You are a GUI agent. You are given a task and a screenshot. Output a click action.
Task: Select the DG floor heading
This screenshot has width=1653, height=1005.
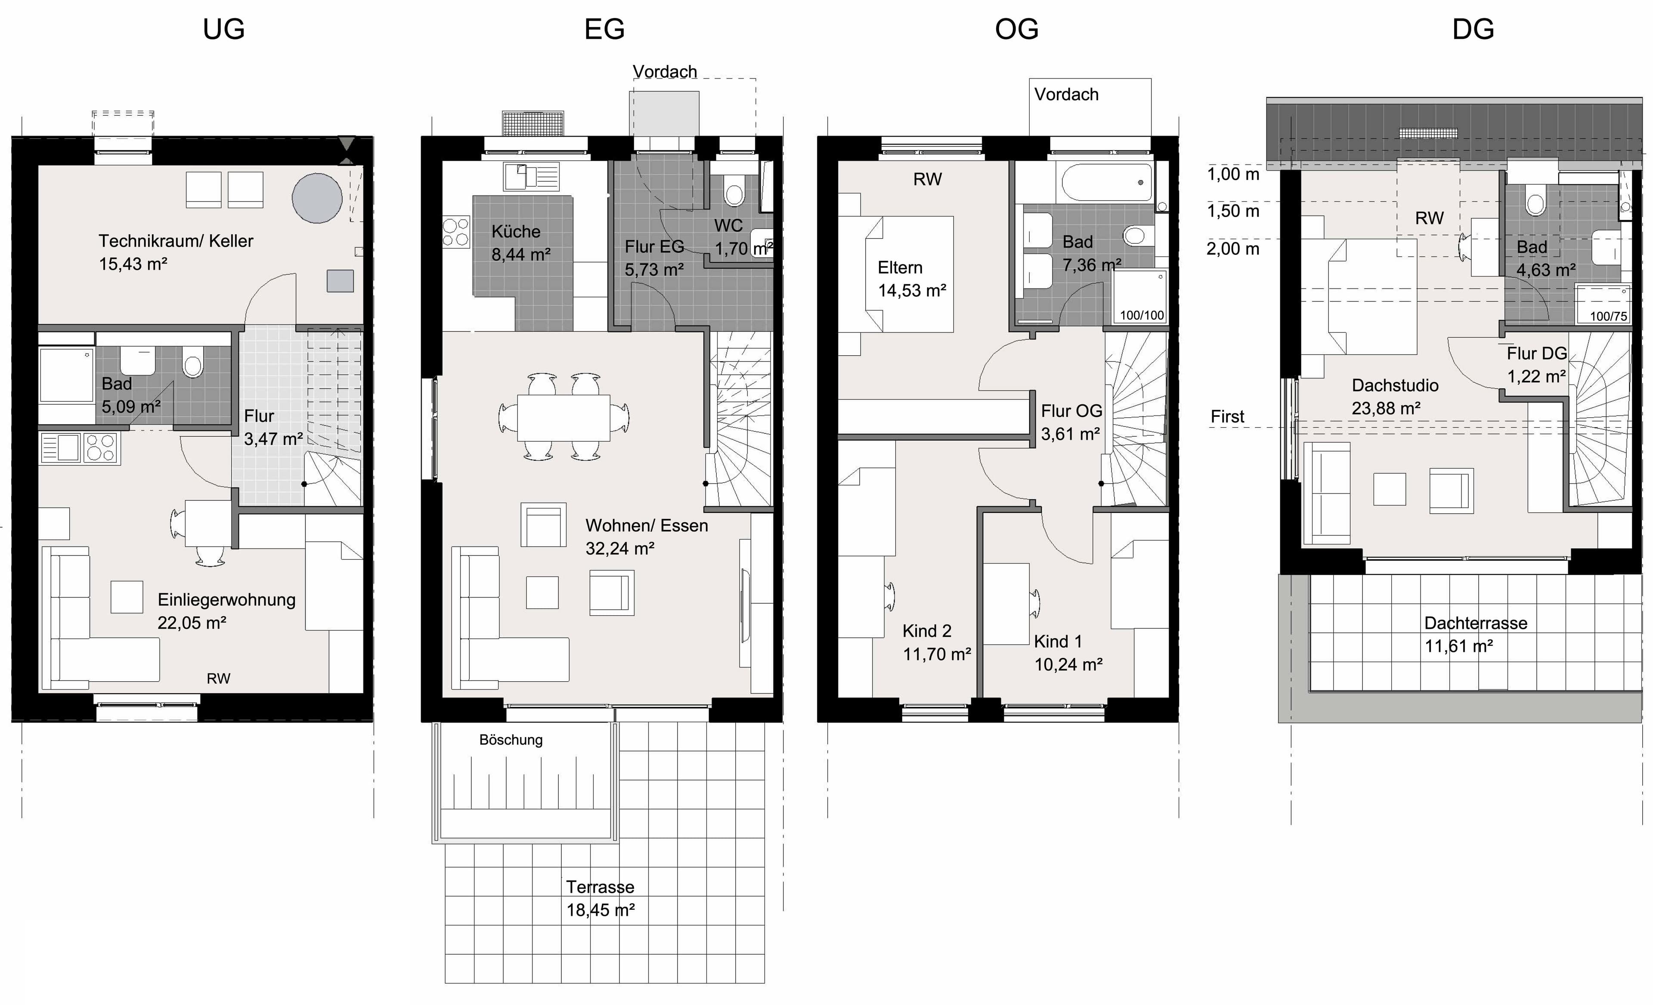point(1473,30)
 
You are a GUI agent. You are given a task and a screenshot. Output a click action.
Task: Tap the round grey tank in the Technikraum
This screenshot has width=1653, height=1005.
point(317,198)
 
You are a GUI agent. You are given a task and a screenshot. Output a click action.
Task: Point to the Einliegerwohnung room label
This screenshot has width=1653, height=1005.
point(227,600)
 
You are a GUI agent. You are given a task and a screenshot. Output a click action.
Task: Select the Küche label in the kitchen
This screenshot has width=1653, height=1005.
point(516,232)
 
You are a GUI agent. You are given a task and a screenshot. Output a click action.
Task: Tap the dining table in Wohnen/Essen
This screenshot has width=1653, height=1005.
point(563,417)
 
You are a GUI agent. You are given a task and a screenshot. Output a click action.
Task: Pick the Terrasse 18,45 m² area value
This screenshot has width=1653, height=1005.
point(601,910)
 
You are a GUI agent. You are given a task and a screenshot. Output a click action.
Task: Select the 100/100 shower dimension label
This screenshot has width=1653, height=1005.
point(1142,315)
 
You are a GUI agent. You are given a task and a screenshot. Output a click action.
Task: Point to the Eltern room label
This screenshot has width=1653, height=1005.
point(900,268)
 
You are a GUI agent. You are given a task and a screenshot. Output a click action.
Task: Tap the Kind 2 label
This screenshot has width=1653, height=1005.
point(927,631)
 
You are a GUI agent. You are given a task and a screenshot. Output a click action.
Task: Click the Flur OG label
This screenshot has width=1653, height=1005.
point(1071,411)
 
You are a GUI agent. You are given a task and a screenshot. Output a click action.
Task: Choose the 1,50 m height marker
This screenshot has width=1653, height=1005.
point(1233,211)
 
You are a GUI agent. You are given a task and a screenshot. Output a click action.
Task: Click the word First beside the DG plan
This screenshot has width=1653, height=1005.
point(1227,417)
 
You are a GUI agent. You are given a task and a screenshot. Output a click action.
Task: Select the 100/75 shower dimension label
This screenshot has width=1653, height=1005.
point(1608,316)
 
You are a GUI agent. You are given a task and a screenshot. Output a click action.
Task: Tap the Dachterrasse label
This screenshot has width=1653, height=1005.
point(1476,623)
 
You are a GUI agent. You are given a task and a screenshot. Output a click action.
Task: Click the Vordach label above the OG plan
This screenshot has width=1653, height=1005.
point(1066,95)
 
